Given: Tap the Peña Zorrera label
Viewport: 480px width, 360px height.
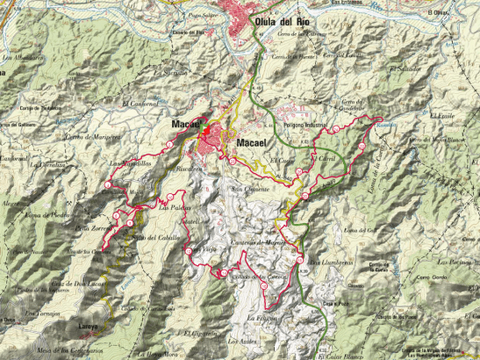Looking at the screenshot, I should (90, 228).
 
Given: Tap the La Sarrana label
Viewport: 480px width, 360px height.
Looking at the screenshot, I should (176, 72).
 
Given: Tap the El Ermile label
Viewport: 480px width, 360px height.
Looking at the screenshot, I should (443, 116).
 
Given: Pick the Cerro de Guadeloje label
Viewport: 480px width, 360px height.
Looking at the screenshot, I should (350, 104).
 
